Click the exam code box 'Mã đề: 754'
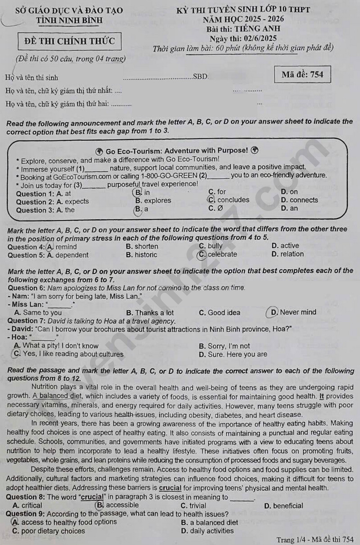302,74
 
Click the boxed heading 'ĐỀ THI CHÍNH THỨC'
70,41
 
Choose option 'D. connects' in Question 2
299,200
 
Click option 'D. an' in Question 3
289,208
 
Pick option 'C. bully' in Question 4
211,246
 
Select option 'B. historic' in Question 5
142,255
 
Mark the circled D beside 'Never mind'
273,312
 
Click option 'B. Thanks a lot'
150,313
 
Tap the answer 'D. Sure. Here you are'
233,354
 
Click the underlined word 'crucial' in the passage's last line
170,488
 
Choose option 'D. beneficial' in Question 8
283,506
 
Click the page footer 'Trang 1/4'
290,539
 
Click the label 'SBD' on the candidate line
200,77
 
